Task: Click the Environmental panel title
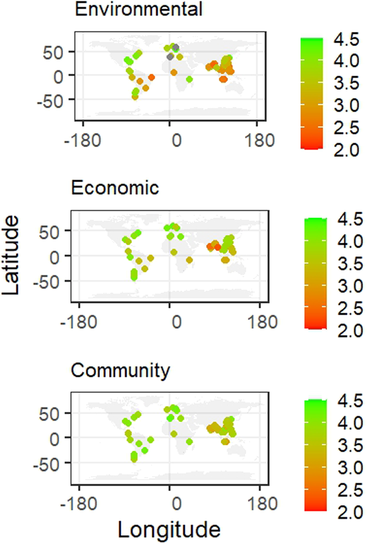tap(123, 9)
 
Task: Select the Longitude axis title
tap(169, 530)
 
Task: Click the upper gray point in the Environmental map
tap(175, 47)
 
